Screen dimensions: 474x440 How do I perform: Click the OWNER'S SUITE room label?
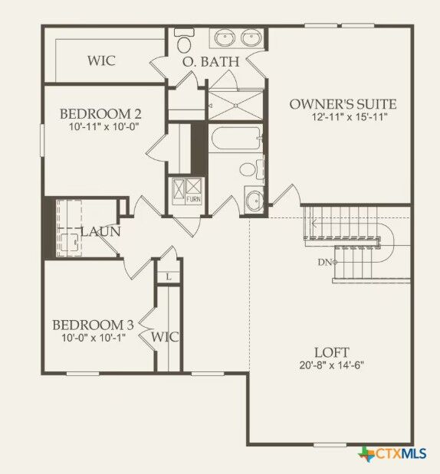343,104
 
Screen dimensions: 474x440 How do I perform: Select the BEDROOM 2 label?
100,114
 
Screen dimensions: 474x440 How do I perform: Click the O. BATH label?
211,61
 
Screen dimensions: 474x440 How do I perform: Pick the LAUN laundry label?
99,230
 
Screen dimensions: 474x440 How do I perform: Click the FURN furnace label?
195,199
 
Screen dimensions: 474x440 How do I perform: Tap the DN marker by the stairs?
325,262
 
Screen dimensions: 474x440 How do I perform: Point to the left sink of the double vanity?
224,38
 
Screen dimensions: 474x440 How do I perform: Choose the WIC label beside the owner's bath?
101,60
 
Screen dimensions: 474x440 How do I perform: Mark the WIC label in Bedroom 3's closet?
164,336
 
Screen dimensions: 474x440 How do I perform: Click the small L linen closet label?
168,276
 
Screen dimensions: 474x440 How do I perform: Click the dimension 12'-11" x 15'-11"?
349,118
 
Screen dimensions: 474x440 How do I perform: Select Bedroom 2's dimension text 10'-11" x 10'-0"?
100,128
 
